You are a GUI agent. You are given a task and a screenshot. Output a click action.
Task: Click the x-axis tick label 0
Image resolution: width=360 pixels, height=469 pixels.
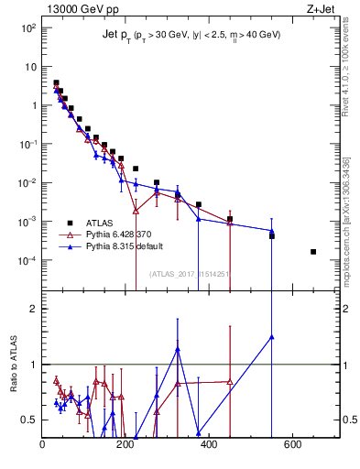point(43,446)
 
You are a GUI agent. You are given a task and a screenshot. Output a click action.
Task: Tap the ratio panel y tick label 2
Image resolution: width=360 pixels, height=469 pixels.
point(34,309)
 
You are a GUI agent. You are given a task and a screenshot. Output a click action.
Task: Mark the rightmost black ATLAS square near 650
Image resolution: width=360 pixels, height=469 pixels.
point(313,251)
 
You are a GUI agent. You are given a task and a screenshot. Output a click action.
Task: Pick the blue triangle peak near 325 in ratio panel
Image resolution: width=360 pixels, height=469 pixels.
point(178,349)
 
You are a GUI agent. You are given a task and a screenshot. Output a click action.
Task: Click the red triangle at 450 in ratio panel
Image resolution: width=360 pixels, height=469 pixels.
point(230,381)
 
